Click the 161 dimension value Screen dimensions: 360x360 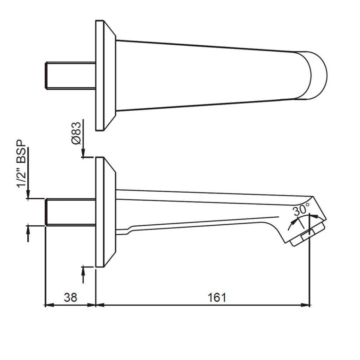217,297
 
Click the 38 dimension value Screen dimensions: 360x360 70,297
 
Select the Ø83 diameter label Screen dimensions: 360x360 76,133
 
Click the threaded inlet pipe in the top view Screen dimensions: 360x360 70,75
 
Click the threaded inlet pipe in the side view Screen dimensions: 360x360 70,212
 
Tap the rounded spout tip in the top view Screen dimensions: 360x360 318,75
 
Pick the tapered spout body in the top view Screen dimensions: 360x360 210,75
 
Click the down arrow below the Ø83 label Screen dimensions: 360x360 83,152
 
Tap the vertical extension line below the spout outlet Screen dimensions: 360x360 310,270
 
